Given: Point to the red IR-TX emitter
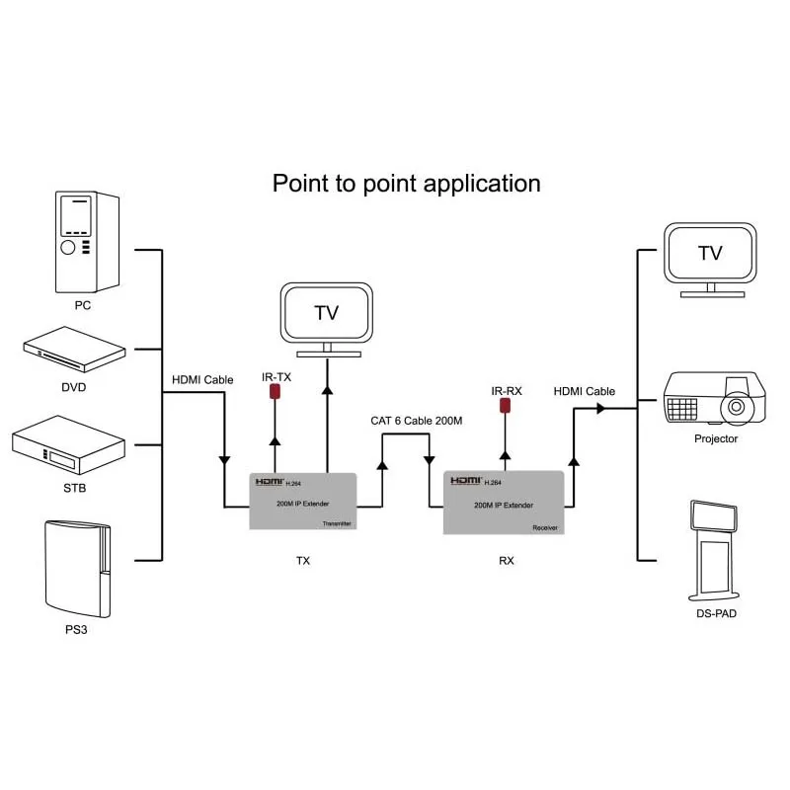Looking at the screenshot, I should coord(276,393).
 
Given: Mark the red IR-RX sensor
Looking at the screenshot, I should coord(506,404).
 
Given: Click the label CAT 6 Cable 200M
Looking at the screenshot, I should coord(417,421).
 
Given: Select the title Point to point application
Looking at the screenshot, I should coord(406,183).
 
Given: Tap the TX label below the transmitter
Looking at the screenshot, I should coord(303,561).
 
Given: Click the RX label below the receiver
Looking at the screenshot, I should coord(507,561).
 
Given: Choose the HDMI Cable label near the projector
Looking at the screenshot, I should coord(584,391).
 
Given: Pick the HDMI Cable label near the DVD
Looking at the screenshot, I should coord(202,379).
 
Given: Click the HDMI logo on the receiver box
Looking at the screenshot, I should coord(464,481).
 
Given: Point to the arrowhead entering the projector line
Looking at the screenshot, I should coord(599,408).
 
